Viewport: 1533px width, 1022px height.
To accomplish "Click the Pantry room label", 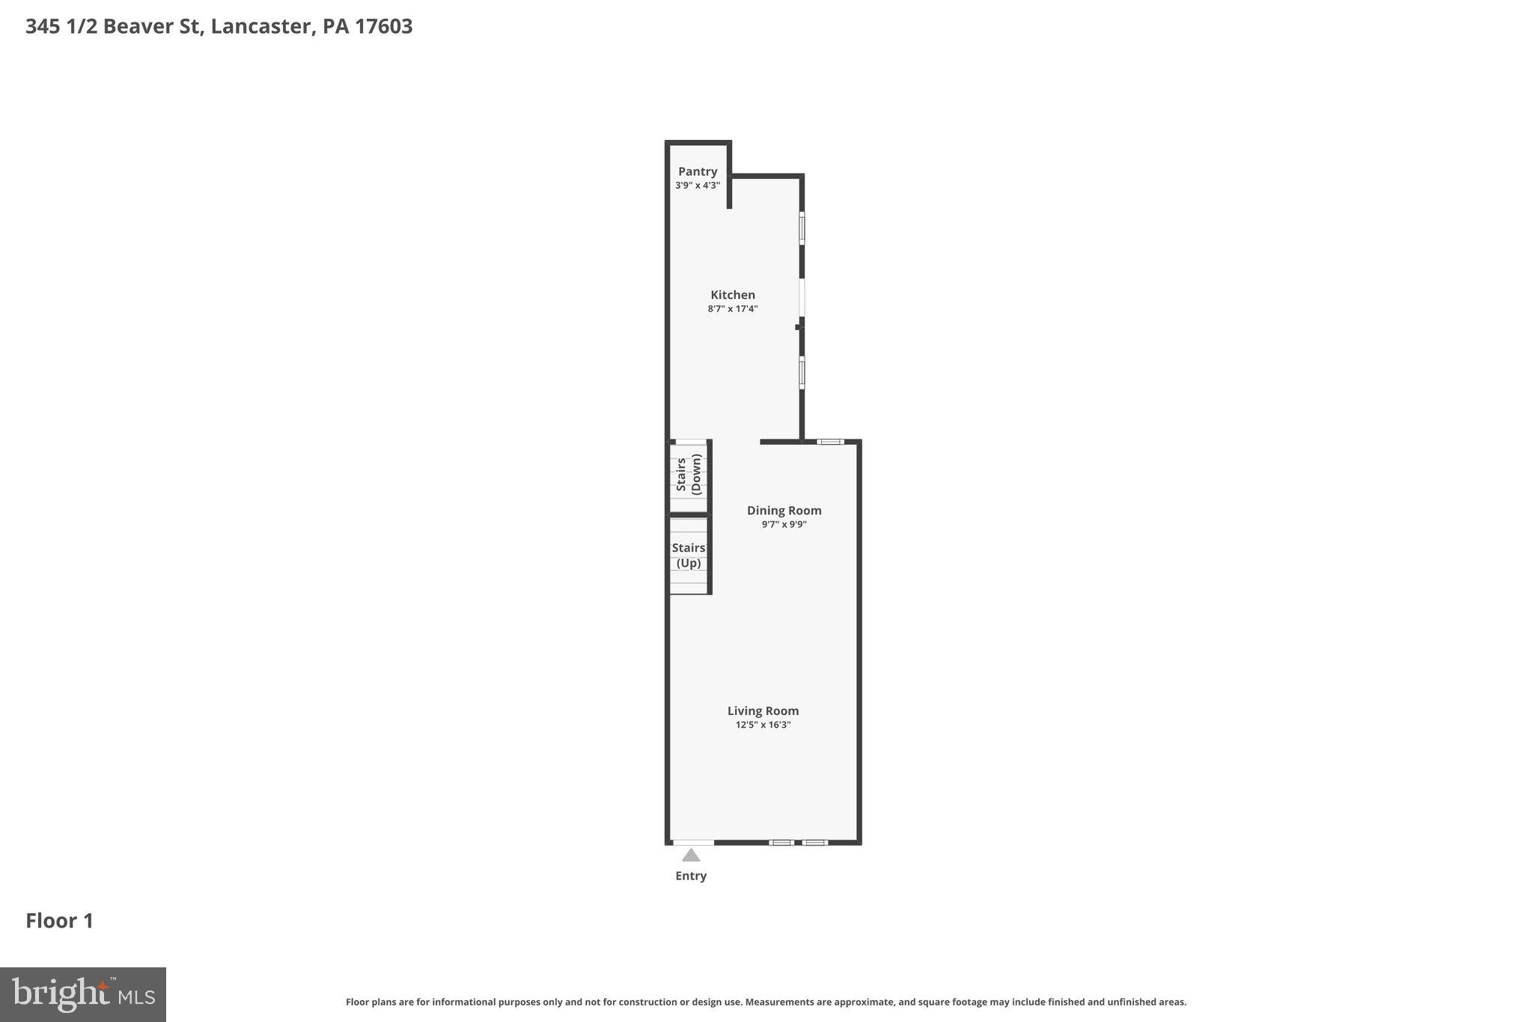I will click(698, 171).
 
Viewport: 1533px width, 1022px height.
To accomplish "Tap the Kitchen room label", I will click(733, 295).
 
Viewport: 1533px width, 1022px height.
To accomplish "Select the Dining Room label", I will click(784, 511).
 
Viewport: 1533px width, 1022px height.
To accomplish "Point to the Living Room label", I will click(763, 711).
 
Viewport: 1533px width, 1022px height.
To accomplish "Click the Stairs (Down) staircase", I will click(689, 475).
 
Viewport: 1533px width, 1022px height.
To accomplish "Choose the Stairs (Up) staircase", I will click(689, 556).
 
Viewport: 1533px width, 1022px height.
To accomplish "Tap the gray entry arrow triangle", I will click(691, 855).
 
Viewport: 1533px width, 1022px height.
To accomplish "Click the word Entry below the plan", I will click(691, 876).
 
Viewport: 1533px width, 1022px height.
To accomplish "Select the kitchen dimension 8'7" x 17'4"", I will click(733, 308).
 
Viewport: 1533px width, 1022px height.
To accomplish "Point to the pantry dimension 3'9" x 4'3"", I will click(698, 185).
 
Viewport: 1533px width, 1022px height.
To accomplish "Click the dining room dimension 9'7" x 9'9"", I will click(784, 524).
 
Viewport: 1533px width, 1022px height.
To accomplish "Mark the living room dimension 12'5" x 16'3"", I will click(763, 725).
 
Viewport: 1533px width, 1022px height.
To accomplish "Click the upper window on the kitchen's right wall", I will click(802, 228).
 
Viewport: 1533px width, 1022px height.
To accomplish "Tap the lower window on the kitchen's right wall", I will click(802, 373).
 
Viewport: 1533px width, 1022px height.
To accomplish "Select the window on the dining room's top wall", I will click(829, 442).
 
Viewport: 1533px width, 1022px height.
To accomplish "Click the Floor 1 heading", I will click(60, 921).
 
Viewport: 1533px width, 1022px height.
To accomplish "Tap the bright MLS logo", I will click(83, 994).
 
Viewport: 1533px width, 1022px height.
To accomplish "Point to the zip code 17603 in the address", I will click(383, 27).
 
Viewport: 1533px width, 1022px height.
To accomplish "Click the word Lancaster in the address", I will click(261, 27).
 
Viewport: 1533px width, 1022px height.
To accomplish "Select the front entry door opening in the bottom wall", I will click(693, 842).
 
